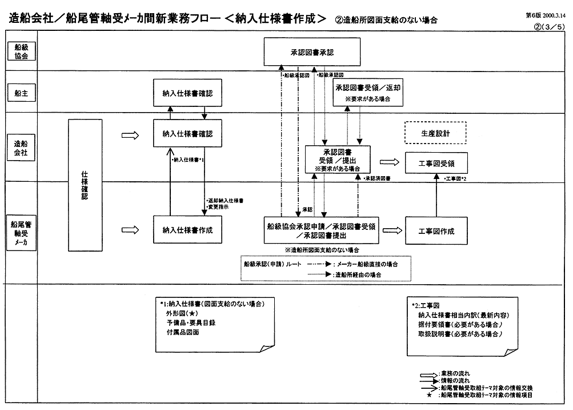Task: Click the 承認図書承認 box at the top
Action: click(312, 52)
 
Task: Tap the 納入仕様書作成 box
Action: click(187, 230)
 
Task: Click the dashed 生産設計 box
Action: click(435, 133)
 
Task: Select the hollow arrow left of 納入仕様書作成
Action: click(131, 230)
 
